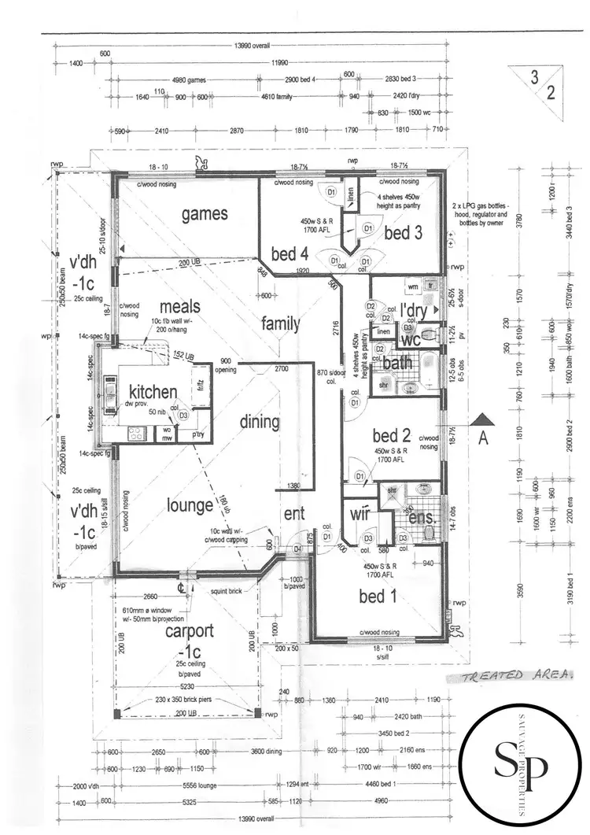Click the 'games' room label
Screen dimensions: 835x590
click(x=205, y=213)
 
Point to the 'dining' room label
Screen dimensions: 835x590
click(x=260, y=422)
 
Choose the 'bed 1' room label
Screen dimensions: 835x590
click(x=378, y=597)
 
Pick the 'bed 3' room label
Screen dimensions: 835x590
click(x=403, y=233)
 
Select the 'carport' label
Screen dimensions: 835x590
click(x=189, y=632)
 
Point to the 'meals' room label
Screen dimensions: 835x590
click(x=179, y=307)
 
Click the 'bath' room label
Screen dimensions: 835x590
click(x=397, y=364)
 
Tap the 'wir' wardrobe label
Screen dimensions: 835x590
click(x=360, y=515)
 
